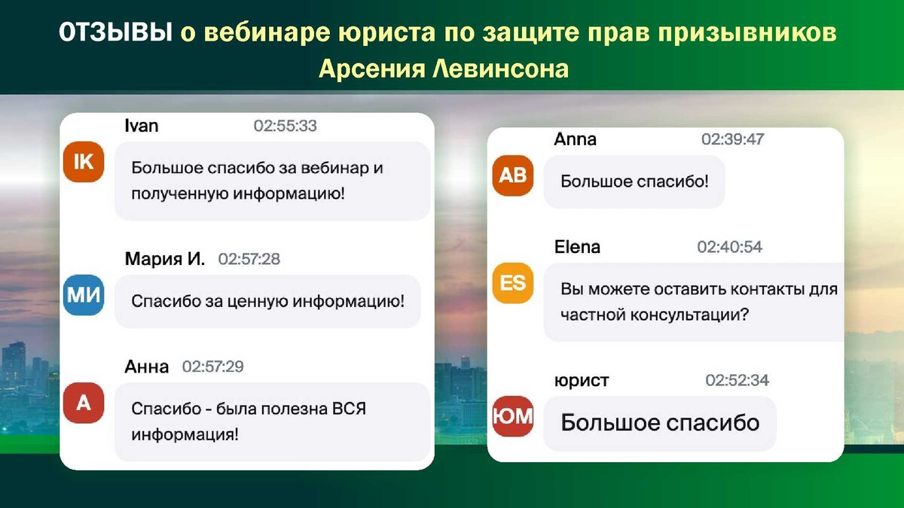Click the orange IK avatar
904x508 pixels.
(x=84, y=162)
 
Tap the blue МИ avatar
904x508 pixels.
(x=84, y=295)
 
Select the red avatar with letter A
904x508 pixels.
(x=84, y=403)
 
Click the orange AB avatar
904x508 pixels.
(x=512, y=175)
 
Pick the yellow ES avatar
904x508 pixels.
(x=512, y=283)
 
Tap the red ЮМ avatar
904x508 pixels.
(x=512, y=416)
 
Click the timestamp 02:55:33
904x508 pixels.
(x=285, y=126)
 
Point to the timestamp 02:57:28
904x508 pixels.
(x=249, y=259)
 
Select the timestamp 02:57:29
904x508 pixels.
(x=212, y=367)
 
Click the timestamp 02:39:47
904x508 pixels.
(x=732, y=139)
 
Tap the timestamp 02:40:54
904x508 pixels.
(x=730, y=247)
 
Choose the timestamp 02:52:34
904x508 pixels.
(x=737, y=380)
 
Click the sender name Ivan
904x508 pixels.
(x=142, y=126)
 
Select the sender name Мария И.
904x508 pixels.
(x=165, y=259)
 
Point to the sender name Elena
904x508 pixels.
(x=577, y=247)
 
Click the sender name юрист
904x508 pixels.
(x=582, y=381)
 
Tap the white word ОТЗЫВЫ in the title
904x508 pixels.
(x=116, y=32)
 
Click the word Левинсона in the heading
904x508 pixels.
(x=500, y=68)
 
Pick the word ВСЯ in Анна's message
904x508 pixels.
(x=349, y=409)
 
